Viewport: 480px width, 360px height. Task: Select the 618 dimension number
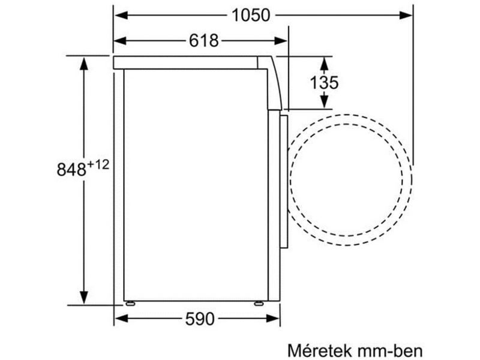[202, 41]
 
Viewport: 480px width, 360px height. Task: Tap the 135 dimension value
[325, 83]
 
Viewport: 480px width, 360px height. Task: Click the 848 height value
[71, 170]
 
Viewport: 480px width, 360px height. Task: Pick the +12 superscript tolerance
[98, 164]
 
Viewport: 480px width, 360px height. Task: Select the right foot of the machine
[257, 303]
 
